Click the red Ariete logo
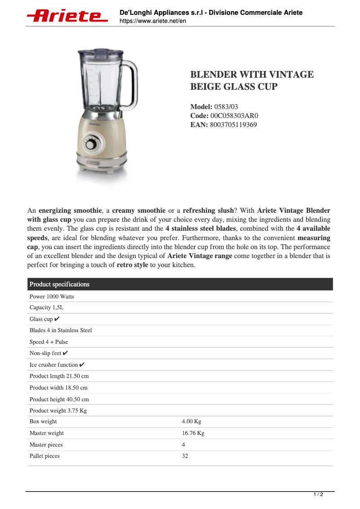(67, 16)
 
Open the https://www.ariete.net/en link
(153, 21)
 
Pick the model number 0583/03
(226, 107)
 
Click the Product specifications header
(59, 284)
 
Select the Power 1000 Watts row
(52, 297)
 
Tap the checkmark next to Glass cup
(57, 319)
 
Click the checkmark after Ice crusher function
(82, 365)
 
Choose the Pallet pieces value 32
(185, 456)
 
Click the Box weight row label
(43, 421)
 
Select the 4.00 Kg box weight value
(192, 421)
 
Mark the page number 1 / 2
(318, 495)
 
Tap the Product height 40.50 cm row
(59, 399)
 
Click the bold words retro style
(132, 265)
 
